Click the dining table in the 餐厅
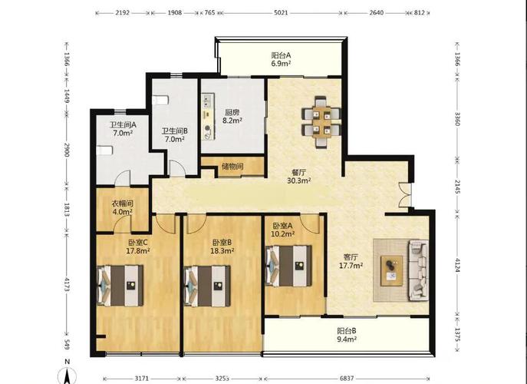321,122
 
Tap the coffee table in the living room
391,271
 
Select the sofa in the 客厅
418,270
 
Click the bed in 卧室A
288,266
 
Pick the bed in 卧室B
207,286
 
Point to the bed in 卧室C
120,286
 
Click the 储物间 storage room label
232,166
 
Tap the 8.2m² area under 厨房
232,120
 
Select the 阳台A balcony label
281,55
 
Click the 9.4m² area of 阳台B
347,339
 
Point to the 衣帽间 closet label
123,204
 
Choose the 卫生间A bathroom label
123,124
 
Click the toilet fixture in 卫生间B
160,100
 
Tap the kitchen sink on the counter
206,100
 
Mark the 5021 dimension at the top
282,13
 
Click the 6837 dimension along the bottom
347,379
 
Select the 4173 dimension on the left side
67,285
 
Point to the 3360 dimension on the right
457,118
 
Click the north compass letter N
68,362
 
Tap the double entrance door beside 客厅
405,194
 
